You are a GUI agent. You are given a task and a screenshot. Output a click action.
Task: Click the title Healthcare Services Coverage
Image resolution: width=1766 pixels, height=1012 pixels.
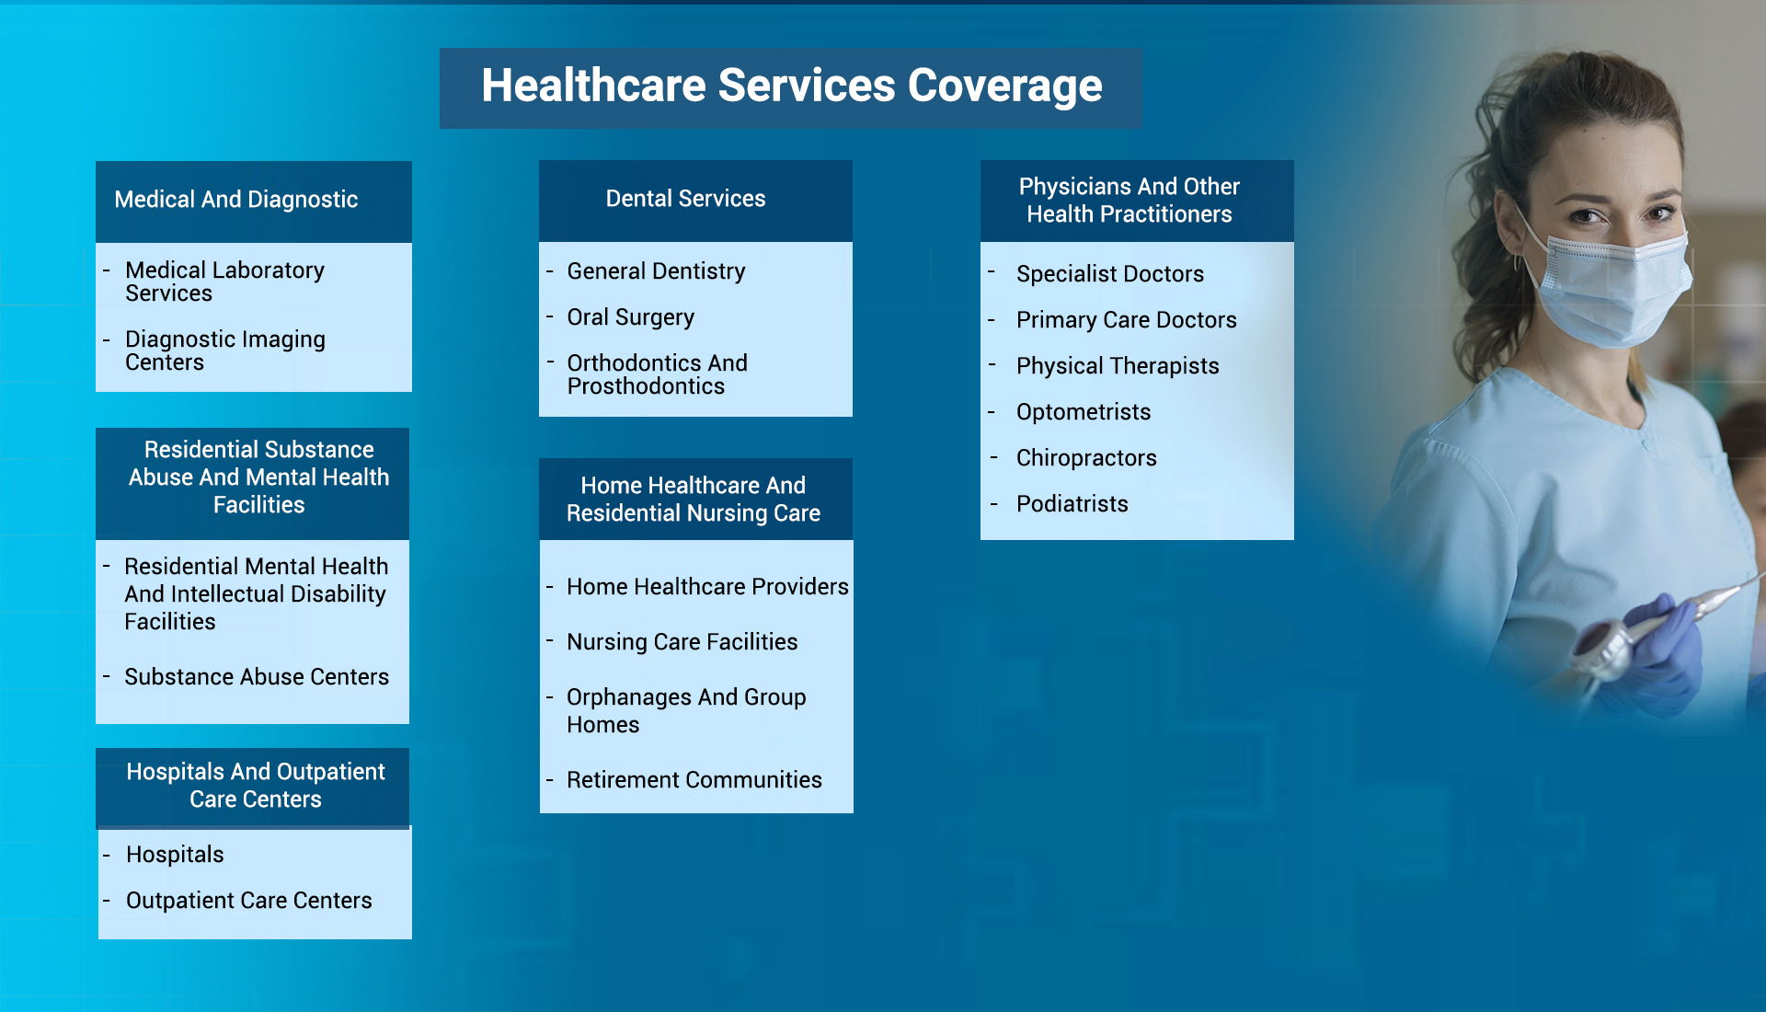coord(791,86)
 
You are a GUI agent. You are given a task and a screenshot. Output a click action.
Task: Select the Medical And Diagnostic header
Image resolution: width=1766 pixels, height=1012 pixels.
coord(236,200)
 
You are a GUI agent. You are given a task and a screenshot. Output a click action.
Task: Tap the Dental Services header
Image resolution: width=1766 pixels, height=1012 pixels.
coord(685,199)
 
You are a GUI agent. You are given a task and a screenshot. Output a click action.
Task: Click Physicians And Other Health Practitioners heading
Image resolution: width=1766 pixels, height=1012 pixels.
coord(1129,201)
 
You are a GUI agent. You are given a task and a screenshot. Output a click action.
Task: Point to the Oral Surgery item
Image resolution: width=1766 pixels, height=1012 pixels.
coord(630,317)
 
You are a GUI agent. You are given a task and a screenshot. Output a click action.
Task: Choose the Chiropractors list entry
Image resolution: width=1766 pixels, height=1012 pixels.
coord(1085,458)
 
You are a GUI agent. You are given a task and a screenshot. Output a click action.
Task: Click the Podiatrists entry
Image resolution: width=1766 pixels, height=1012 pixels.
coord(1072,504)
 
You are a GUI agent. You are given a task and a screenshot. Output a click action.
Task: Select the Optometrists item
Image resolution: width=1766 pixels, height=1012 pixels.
coord(1083,412)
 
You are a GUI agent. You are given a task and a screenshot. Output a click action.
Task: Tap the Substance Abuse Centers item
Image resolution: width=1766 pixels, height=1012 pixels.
coord(256,677)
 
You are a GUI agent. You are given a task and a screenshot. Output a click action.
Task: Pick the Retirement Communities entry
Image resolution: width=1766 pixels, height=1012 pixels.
coord(694,780)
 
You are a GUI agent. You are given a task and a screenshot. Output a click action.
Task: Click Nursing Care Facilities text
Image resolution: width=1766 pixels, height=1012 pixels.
coord(682,642)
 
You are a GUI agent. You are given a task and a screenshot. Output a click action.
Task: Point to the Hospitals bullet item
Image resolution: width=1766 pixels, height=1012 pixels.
coord(175,855)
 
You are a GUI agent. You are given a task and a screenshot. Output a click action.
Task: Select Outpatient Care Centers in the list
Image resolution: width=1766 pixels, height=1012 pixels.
coord(248,901)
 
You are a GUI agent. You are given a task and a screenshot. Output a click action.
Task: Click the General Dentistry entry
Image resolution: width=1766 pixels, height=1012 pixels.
coord(656,271)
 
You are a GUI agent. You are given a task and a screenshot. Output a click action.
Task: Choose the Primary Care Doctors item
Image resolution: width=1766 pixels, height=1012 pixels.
coord(1126,320)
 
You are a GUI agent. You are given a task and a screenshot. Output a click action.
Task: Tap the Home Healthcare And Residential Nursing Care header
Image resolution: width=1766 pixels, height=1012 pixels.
coord(693,500)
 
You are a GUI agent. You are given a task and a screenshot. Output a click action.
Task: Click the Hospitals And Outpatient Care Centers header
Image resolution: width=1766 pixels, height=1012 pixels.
coord(255,786)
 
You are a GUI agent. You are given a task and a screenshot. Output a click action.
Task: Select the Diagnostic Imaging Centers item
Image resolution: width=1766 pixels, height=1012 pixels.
coord(224,351)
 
